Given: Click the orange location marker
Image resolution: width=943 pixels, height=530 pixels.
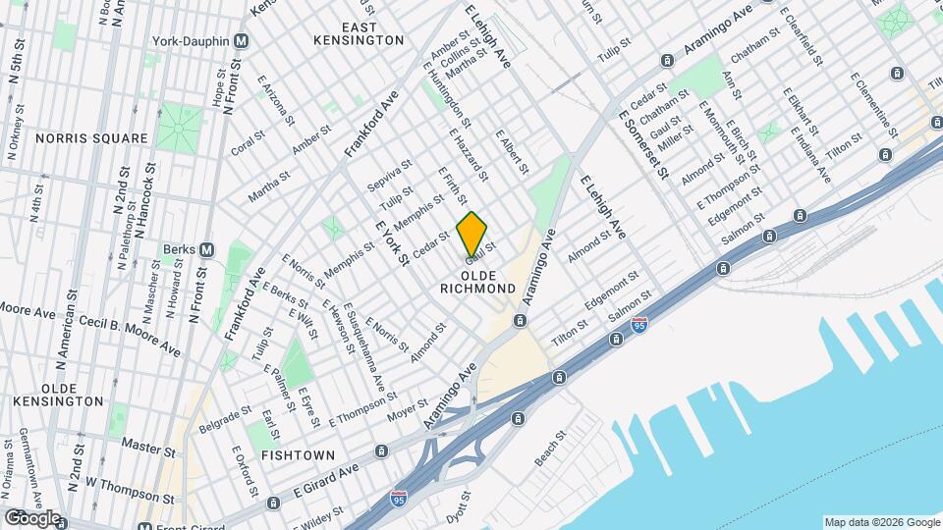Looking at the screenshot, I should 471,234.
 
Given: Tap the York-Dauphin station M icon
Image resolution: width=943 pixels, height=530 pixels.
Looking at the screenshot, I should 241,40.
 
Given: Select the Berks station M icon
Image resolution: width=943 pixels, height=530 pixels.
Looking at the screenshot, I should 206,249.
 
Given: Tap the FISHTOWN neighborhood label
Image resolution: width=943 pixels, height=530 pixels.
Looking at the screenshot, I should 299,455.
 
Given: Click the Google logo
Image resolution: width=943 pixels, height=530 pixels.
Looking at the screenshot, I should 31,517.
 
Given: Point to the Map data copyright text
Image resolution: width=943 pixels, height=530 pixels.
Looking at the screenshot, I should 880,522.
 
